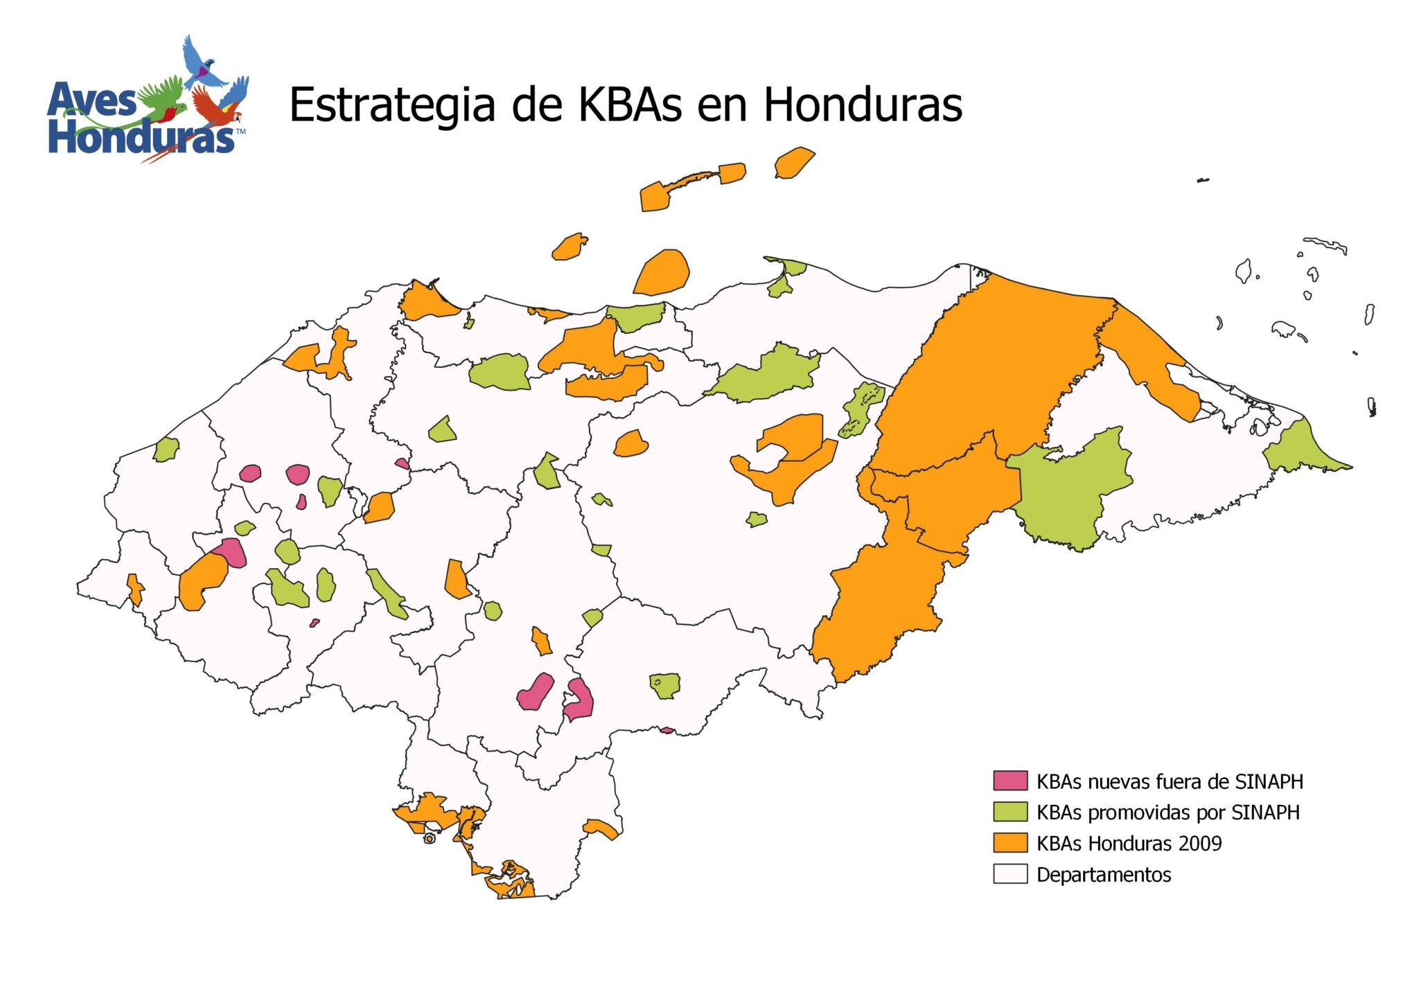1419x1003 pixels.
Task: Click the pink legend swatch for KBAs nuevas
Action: [1010, 780]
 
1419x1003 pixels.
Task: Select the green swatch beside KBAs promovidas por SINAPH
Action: [1010, 811]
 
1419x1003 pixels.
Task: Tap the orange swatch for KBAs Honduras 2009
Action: [1010, 842]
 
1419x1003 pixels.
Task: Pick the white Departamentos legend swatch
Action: [1010, 873]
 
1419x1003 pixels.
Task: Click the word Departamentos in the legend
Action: [1103, 874]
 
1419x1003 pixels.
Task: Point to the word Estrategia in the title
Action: [391, 105]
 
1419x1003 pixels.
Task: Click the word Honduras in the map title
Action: [863, 105]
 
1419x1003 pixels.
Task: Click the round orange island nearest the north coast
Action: [662, 272]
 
